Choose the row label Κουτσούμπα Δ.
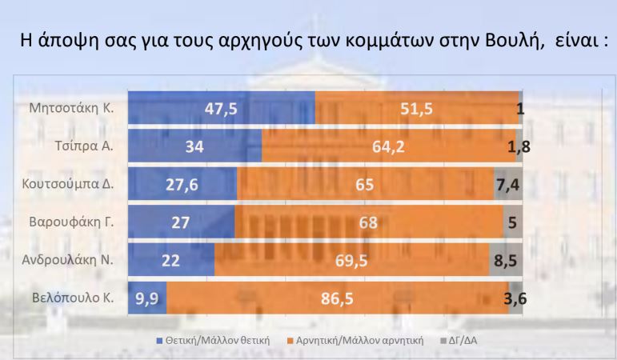69,185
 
